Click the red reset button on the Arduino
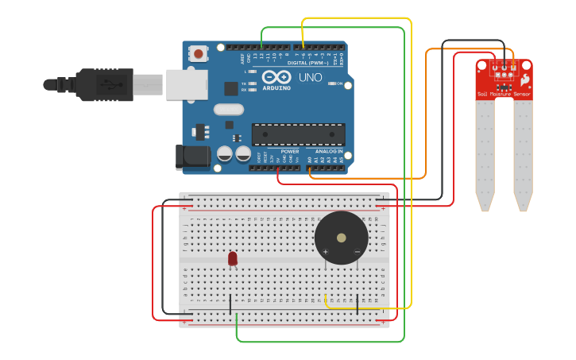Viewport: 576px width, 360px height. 198,54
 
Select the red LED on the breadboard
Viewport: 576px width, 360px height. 232,258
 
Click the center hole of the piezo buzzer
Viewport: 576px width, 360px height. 342,238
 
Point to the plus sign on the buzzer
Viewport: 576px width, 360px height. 326,252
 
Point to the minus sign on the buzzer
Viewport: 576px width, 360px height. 357,252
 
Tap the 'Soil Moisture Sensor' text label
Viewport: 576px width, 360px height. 504,94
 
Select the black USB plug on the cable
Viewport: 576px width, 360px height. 103,84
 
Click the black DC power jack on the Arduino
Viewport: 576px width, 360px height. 192,157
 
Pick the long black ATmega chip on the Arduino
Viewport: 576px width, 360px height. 298,134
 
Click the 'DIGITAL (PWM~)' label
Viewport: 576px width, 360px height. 307,62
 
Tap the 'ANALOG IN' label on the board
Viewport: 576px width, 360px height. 329,150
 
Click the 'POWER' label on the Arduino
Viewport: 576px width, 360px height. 290,150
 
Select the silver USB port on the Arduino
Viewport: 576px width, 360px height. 186,84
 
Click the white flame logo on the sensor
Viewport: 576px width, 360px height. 524,79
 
